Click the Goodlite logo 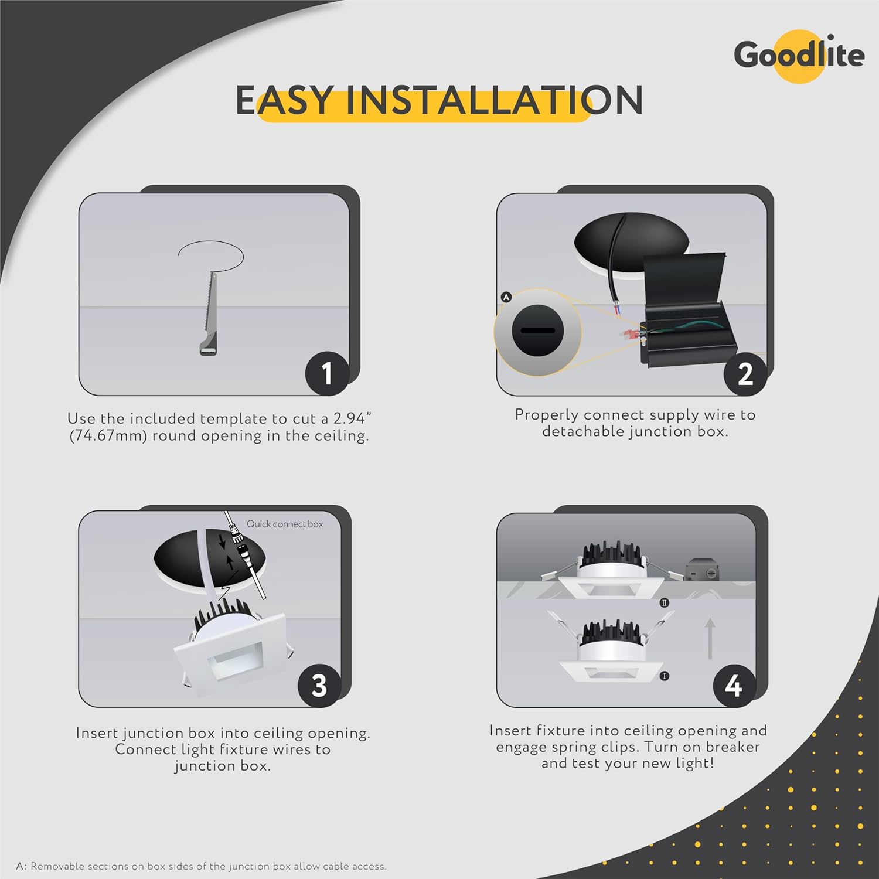click(799, 56)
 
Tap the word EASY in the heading click(285, 100)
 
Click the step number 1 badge click(327, 373)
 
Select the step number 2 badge click(745, 373)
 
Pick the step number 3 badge click(319, 685)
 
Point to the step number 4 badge click(734, 685)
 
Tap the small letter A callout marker click(506, 297)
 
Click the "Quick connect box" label click(285, 524)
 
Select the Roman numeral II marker click(664, 602)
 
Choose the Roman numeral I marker click(664, 676)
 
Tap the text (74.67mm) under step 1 click(108, 436)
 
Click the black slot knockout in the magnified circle click(537, 331)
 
